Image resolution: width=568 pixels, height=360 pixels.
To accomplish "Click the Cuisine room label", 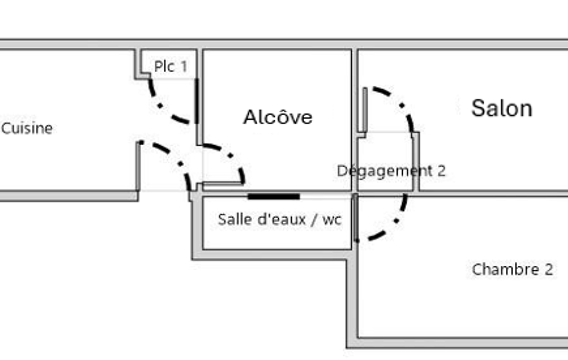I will click(27, 128).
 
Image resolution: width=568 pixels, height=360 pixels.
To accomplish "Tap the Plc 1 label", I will click(171, 67).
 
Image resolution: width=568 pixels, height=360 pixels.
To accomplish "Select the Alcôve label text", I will click(278, 117).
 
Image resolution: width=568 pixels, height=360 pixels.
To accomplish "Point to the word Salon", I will click(502, 108).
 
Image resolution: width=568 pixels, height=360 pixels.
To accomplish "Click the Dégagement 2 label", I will click(391, 171).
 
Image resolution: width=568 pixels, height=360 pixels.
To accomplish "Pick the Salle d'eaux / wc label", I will click(280, 219).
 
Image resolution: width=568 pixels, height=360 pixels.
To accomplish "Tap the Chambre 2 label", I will click(512, 270).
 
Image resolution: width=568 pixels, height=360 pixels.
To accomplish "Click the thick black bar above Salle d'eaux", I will click(273, 196).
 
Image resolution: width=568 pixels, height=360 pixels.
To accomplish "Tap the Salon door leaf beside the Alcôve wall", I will click(365, 109).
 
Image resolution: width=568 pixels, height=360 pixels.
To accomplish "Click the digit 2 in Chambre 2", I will click(548, 270).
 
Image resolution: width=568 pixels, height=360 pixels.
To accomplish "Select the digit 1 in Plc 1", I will click(184, 67).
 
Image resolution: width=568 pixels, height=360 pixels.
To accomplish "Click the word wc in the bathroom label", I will click(332, 220).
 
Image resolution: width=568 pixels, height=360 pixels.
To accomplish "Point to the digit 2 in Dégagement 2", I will click(441, 171).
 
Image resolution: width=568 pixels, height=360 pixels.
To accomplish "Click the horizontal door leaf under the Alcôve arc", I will click(222, 183).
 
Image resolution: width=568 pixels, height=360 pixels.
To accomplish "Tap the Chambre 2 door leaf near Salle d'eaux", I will click(355, 217).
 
